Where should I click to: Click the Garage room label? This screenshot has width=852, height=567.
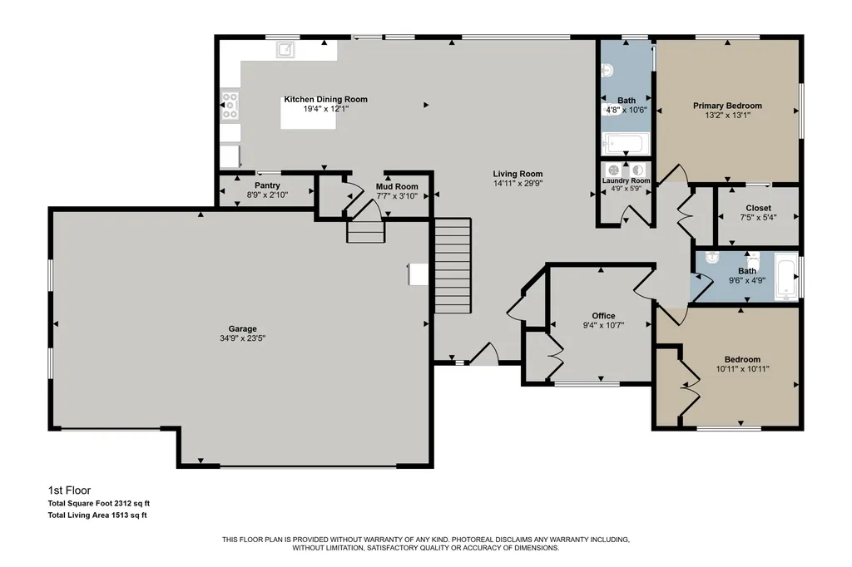pyautogui.click(x=242, y=328)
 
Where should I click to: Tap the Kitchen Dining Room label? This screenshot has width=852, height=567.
pyautogui.click(x=326, y=100)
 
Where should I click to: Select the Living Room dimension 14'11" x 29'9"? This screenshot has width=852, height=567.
pyautogui.click(x=518, y=184)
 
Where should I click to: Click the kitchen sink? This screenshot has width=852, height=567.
pyautogui.click(x=285, y=49)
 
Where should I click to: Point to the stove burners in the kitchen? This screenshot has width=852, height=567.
pyautogui.click(x=230, y=106)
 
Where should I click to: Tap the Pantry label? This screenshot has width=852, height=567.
pyautogui.click(x=267, y=185)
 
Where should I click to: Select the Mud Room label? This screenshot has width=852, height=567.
pyautogui.click(x=397, y=186)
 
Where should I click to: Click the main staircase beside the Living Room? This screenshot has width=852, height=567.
pyautogui.click(x=452, y=265)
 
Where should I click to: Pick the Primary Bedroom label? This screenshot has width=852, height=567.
pyautogui.click(x=727, y=106)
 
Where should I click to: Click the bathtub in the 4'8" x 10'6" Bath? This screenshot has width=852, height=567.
pyautogui.click(x=626, y=144)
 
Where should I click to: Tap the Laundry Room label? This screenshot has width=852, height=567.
pyautogui.click(x=626, y=180)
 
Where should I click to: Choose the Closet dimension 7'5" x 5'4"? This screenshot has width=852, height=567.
pyautogui.click(x=759, y=217)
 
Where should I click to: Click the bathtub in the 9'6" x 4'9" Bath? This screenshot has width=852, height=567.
pyautogui.click(x=785, y=276)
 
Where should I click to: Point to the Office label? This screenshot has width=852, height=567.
pyautogui.click(x=604, y=316)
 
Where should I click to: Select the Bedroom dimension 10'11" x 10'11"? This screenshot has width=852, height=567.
pyautogui.click(x=743, y=369)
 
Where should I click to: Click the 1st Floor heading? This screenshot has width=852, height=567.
pyautogui.click(x=70, y=491)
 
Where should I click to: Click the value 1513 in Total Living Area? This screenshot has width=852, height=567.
pyautogui.click(x=120, y=515)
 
